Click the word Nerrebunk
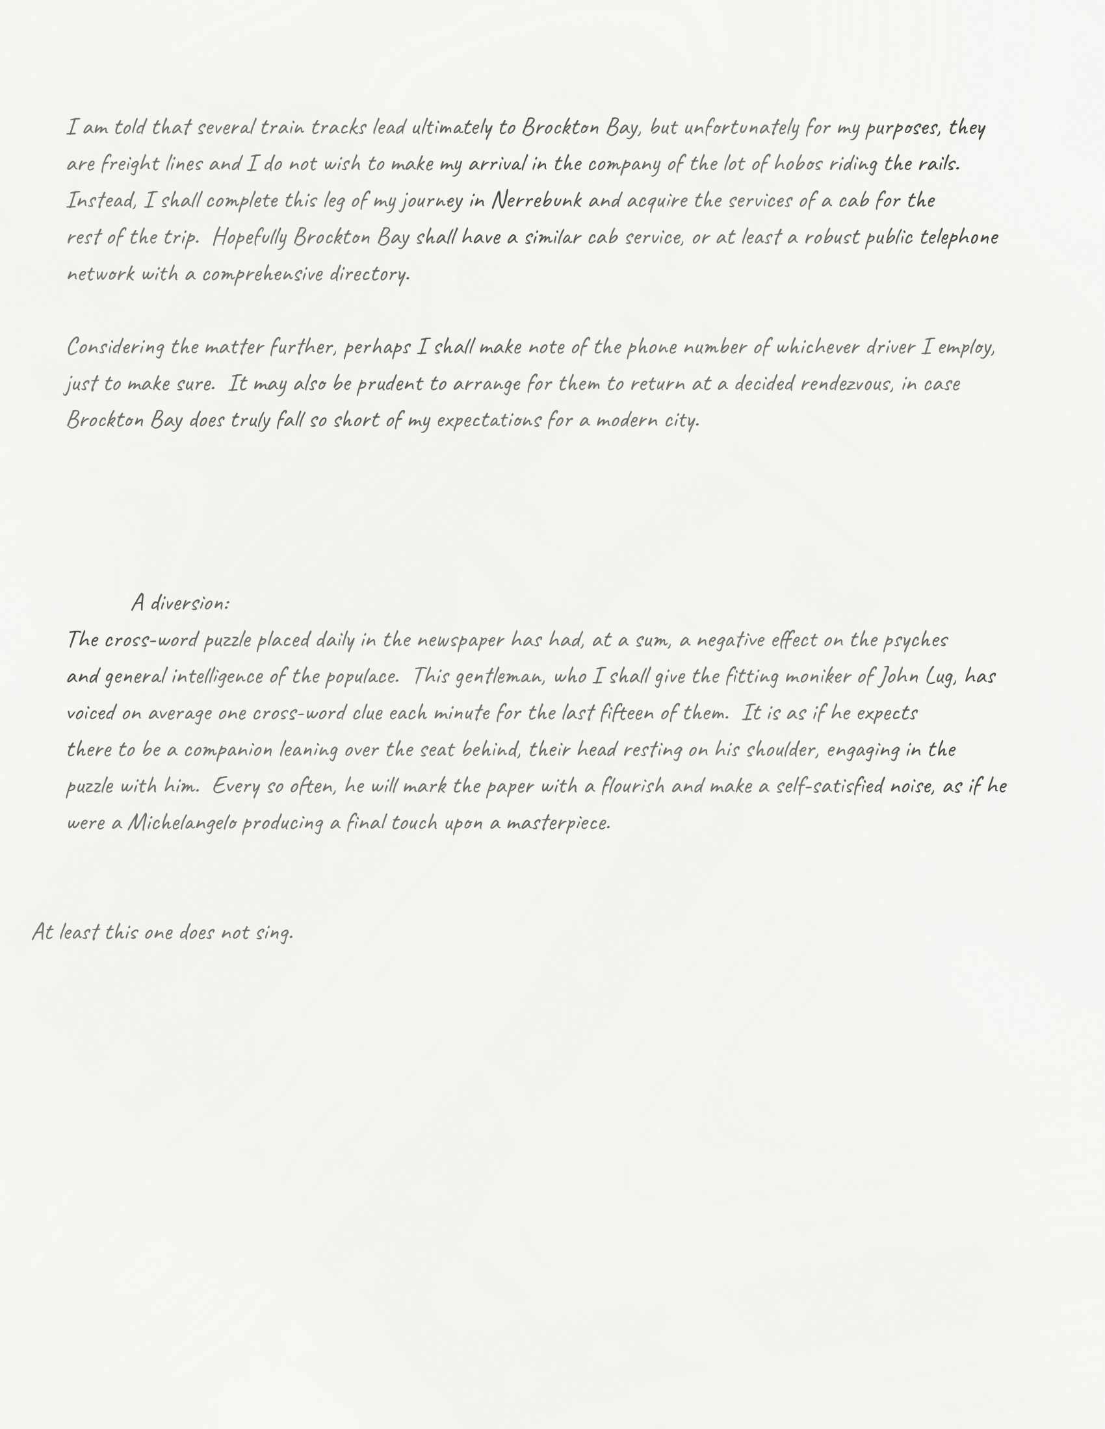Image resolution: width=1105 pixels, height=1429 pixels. [x=536, y=200]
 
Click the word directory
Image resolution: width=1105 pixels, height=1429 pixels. [x=369, y=273]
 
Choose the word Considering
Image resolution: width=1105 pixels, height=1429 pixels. [x=115, y=347]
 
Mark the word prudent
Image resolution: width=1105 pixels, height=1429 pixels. [x=389, y=383]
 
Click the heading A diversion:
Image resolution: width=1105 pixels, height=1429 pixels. [x=181, y=603]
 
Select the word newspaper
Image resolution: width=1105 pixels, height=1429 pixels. [x=460, y=639]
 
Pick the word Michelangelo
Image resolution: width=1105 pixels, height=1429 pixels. [x=181, y=822]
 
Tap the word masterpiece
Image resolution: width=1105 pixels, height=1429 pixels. [x=558, y=822]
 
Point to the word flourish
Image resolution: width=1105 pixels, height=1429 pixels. [x=633, y=786]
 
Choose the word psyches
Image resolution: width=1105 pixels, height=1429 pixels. [x=915, y=639]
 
